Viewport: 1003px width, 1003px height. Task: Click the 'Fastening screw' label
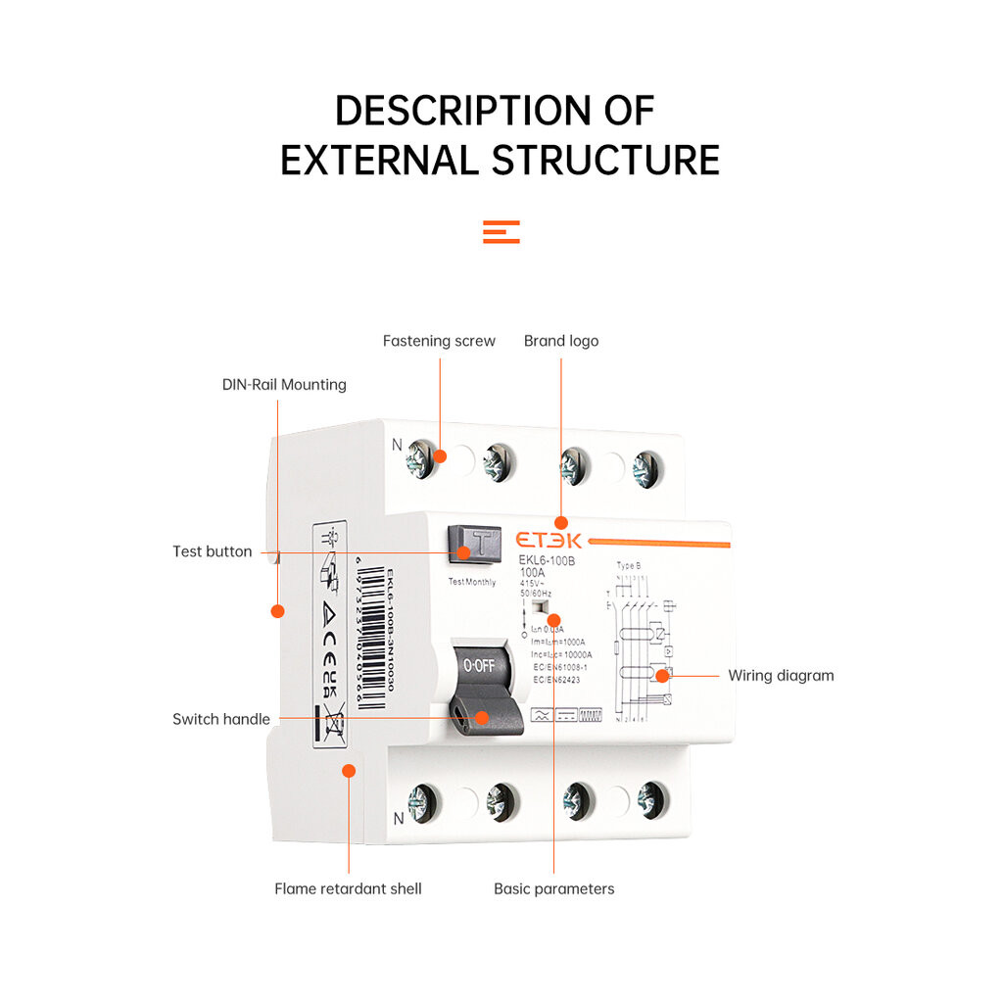pos(439,341)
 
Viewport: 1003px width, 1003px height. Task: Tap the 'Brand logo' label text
pos(560,341)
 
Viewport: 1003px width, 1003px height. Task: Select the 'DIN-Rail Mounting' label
pos(284,385)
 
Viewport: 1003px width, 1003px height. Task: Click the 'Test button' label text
pos(212,551)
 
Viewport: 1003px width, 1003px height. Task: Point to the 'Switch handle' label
pos(220,719)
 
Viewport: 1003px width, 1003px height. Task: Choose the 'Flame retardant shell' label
pos(348,889)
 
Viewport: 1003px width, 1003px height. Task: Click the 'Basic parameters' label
pos(553,889)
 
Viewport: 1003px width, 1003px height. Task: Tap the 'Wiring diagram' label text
pos(781,676)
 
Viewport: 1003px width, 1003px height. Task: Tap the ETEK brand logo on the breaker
pos(549,541)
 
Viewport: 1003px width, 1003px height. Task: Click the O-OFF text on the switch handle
pos(479,665)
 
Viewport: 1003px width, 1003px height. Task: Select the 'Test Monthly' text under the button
pos(472,582)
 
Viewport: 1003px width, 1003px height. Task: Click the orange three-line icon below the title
pos(501,232)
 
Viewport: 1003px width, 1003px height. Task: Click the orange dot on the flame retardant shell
pos(348,771)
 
